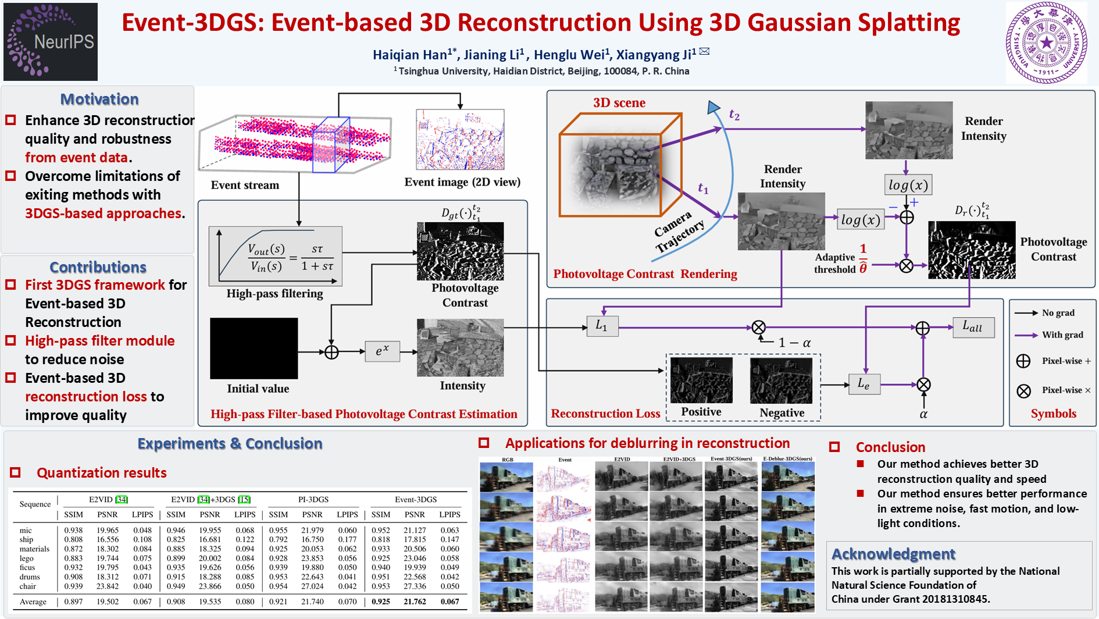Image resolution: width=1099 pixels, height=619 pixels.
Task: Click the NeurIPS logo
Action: click(51, 41)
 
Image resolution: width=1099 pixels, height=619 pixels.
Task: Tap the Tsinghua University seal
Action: click(1046, 42)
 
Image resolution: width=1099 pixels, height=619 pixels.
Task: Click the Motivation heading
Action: click(99, 99)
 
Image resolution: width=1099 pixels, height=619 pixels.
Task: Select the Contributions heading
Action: click(98, 267)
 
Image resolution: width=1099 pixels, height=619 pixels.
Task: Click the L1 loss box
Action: click(602, 326)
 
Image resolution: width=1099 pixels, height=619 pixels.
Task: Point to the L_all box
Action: click(973, 327)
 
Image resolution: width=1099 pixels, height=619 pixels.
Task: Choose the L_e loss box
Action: click(863, 384)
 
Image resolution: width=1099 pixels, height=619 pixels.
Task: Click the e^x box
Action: click(382, 351)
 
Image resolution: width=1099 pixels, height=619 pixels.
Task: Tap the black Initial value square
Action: click(254, 348)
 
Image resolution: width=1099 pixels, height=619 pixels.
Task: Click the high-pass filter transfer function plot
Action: click(276, 257)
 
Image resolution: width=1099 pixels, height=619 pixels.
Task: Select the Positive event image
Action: click(701, 380)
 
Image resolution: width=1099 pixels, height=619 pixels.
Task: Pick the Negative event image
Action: click(781, 380)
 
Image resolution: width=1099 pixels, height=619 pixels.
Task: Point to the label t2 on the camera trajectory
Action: click(734, 115)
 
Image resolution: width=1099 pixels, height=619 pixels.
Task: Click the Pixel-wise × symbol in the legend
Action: click(1024, 390)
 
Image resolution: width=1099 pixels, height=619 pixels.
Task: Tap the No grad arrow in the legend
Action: click(1026, 313)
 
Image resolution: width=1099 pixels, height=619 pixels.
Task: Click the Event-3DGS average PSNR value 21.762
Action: click(415, 602)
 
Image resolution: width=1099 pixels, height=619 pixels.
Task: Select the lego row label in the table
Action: click(27, 558)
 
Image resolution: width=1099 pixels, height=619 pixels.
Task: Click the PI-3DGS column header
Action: click(313, 499)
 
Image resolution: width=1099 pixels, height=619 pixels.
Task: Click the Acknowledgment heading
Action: click(893, 554)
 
